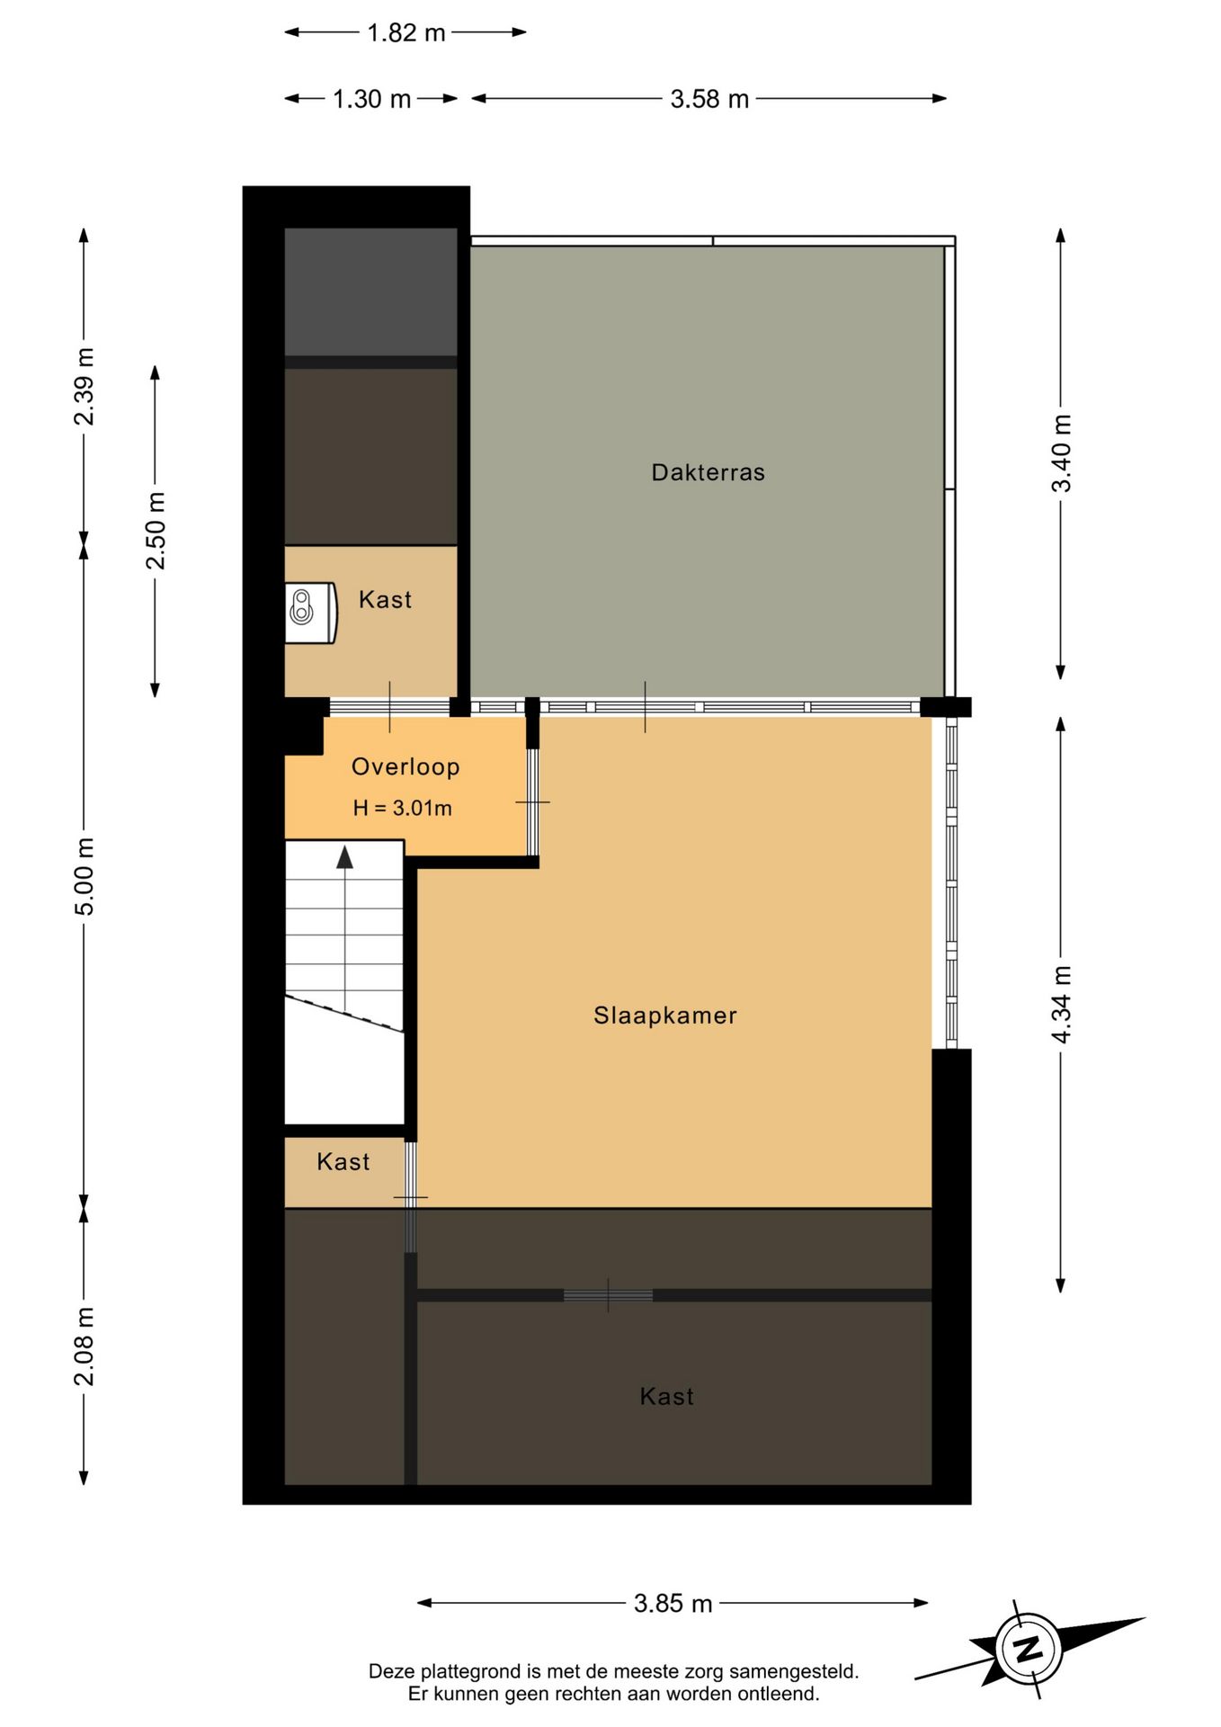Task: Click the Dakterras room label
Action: [x=708, y=472]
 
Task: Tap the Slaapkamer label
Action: [x=665, y=1016]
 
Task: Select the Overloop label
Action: [x=406, y=766]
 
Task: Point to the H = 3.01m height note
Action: [x=402, y=808]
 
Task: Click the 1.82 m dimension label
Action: [x=406, y=32]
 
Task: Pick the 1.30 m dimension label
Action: [x=371, y=99]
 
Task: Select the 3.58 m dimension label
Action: [x=709, y=99]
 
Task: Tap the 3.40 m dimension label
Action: [x=1062, y=453]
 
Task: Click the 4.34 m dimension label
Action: [x=1062, y=1005]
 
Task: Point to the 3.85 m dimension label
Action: [x=673, y=1603]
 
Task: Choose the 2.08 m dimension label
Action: [x=84, y=1347]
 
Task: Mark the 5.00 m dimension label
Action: [x=84, y=876]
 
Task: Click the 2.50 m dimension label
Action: [x=156, y=531]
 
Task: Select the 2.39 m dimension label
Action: [x=84, y=386]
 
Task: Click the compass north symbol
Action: [x=1029, y=1649]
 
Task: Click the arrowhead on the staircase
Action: [x=344, y=856]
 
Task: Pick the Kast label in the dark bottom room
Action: [x=666, y=1396]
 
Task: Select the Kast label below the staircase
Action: [x=343, y=1161]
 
